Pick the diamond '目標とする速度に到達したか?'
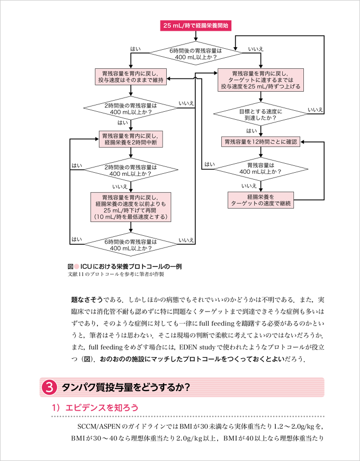click(x=260, y=115)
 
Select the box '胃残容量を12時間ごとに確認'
click(x=260, y=142)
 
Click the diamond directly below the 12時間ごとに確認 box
click(x=260, y=169)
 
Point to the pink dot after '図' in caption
click(x=76, y=267)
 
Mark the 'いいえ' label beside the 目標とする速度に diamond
click(x=315, y=109)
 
